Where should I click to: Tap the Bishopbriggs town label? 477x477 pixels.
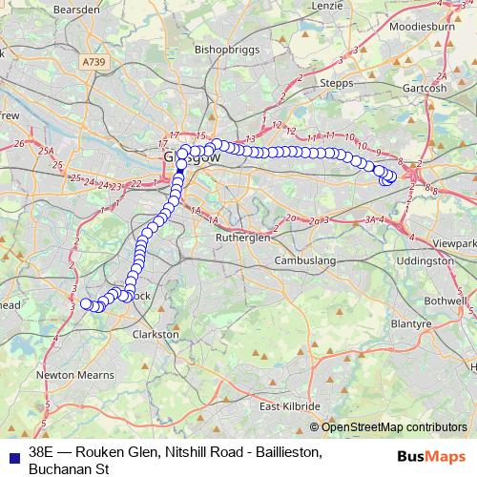pyautogui.click(x=224, y=46)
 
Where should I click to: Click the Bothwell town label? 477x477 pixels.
pyautogui.click(x=445, y=300)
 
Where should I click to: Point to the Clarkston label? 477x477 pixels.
pyautogui.click(x=156, y=335)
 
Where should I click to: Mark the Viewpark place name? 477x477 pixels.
pyautogui.click(x=452, y=243)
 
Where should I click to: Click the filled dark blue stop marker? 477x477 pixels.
pyautogui.click(x=181, y=163)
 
